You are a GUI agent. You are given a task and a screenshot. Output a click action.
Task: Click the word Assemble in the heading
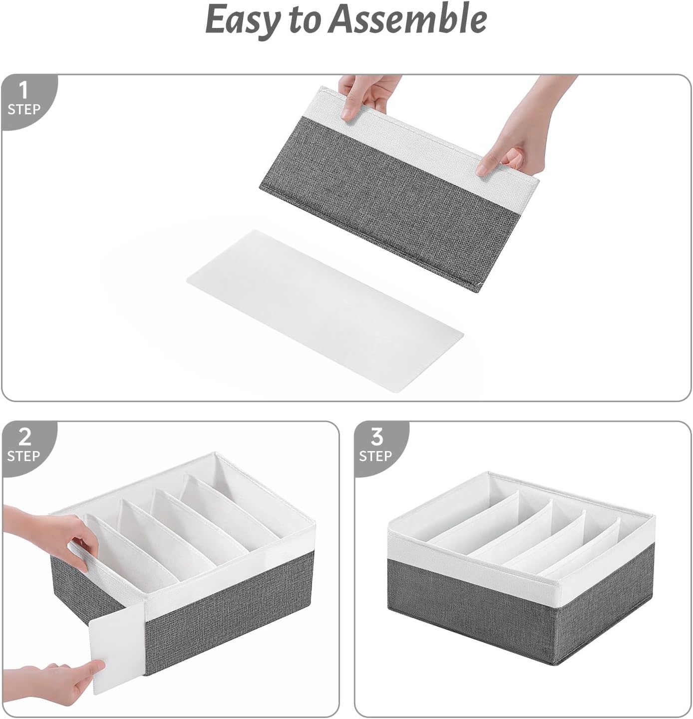[x=409, y=19]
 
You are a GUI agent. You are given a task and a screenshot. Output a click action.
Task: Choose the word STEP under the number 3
[x=375, y=456]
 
